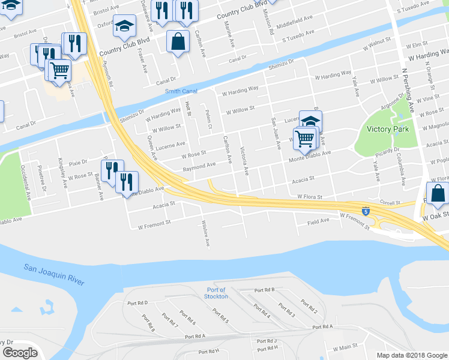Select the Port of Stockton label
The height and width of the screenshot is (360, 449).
tap(215, 293)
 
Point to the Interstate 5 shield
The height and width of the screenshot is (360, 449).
tap(366, 211)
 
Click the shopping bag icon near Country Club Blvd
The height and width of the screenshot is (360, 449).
tap(178, 42)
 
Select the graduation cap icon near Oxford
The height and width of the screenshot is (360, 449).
tap(124, 26)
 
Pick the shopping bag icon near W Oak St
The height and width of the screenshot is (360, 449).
tap(438, 194)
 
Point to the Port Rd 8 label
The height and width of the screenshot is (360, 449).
tap(149, 323)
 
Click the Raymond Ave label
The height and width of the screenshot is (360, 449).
tap(199, 165)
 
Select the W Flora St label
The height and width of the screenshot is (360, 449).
tap(310, 197)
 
